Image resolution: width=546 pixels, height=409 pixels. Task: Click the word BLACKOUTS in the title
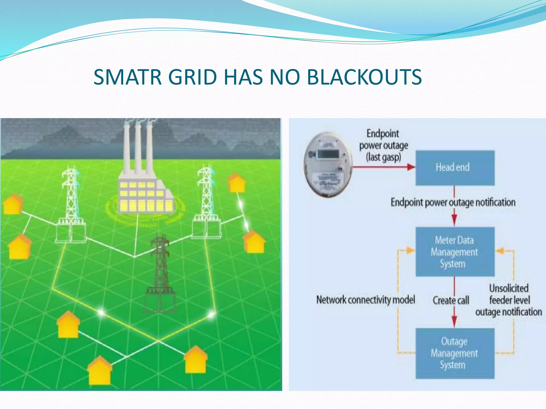tap(364, 77)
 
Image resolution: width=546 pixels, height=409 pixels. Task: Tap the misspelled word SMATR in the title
tap(127, 77)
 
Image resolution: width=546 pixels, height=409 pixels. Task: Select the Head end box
tap(455, 168)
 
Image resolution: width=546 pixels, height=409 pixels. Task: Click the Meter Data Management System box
tap(455, 252)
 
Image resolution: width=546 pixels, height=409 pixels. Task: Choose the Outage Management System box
tap(455, 353)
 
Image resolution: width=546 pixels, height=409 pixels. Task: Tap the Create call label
tap(451, 300)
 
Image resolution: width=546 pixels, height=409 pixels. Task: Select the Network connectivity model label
tap(366, 300)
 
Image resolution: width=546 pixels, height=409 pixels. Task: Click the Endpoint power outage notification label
tap(453, 202)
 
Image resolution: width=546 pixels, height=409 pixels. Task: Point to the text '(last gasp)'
tap(384, 157)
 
